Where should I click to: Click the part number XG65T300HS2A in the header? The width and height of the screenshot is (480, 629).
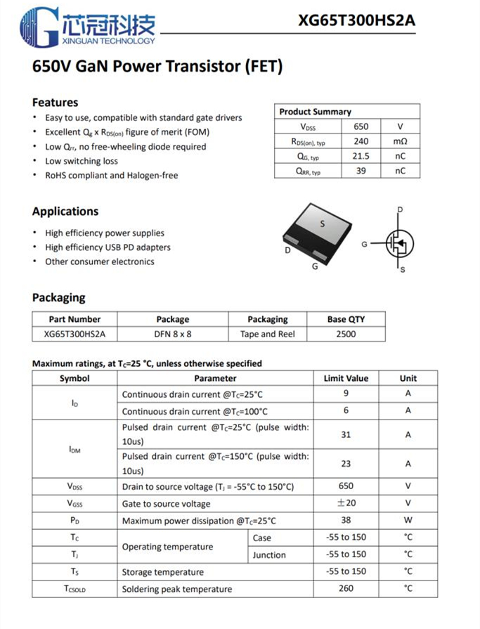pos(356,20)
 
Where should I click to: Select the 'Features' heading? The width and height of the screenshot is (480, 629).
pos(55,103)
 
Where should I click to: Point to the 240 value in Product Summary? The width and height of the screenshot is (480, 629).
pos(361,141)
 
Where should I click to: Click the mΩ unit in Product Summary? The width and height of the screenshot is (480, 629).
pos(400,141)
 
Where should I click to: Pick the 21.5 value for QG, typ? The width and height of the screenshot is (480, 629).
pos(361,156)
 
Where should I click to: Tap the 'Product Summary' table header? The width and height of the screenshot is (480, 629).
pos(315,112)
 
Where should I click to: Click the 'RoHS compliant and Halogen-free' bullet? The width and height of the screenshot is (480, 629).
pos(111,176)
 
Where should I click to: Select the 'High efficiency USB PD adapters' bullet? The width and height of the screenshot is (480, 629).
pos(108,247)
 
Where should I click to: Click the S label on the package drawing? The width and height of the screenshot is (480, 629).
pos(323,224)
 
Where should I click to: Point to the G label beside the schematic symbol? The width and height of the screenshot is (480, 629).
pos(364,244)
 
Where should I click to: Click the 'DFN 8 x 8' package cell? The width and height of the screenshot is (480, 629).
pos(173,334)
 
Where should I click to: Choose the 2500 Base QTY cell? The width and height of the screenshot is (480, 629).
pos(346,334)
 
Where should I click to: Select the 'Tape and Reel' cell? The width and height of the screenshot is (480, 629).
pos(267,334)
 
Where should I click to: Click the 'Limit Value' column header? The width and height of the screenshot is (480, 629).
pos(346,378)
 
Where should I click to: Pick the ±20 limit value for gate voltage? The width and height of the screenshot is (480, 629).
pos(346,503)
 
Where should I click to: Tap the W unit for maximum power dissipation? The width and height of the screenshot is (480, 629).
pos(408,521)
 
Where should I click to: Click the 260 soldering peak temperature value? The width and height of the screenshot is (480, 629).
pos(346,588)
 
